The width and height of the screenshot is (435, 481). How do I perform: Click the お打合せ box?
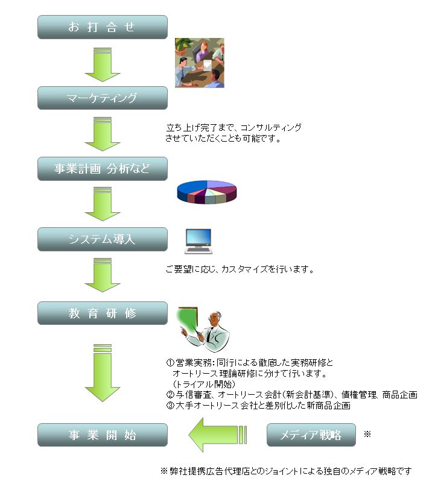102,27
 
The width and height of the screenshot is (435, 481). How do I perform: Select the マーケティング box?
102,98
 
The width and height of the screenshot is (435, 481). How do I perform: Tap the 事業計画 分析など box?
102,169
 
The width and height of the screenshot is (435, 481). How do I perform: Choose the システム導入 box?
102,239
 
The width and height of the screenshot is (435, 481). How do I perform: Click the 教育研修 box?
102,313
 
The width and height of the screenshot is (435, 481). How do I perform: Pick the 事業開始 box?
102,435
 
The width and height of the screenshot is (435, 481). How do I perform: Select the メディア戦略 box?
311,435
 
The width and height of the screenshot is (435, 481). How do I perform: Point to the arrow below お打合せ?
102,63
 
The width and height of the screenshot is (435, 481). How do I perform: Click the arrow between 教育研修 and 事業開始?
102,374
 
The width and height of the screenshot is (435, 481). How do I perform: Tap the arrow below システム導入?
102,275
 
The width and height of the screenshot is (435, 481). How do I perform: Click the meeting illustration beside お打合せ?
199,63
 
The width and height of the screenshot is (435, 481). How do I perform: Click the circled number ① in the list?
170,363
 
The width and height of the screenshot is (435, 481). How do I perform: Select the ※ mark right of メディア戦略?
367,434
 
